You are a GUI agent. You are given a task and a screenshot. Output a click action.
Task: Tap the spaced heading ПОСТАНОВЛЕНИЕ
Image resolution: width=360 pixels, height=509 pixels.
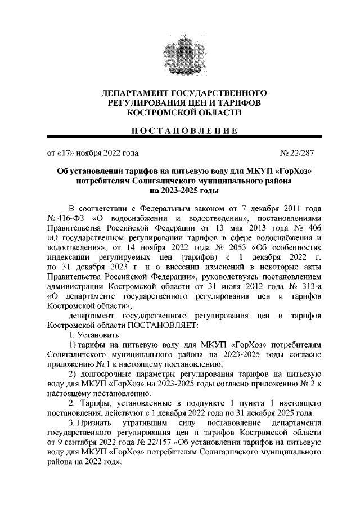[179, 132]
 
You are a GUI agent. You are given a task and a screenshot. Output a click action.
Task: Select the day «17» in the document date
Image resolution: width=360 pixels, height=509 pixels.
[64, 152]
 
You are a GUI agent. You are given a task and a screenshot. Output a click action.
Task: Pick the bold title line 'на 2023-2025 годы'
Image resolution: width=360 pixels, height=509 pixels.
[179, 191]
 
